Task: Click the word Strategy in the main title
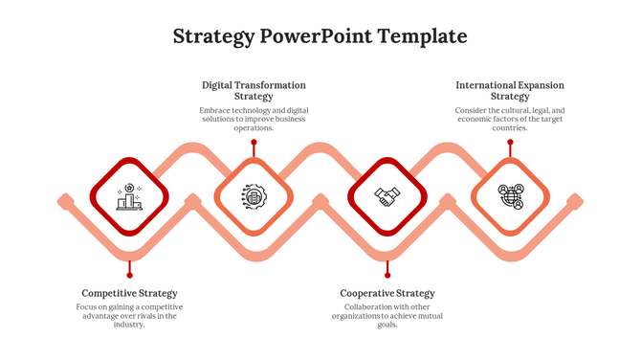214,36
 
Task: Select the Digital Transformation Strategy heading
254,90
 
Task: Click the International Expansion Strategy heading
510,90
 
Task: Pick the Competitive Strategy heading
129,293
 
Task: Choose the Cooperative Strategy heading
387,293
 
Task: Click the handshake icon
387,196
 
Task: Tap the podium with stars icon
129,196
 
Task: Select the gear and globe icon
254,196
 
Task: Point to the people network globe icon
511,196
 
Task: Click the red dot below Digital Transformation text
254,143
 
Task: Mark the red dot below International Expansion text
510,143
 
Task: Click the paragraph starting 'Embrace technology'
254,119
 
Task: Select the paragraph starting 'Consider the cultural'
510,119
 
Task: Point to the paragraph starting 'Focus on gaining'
129,315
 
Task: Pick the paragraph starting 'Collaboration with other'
387,315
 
